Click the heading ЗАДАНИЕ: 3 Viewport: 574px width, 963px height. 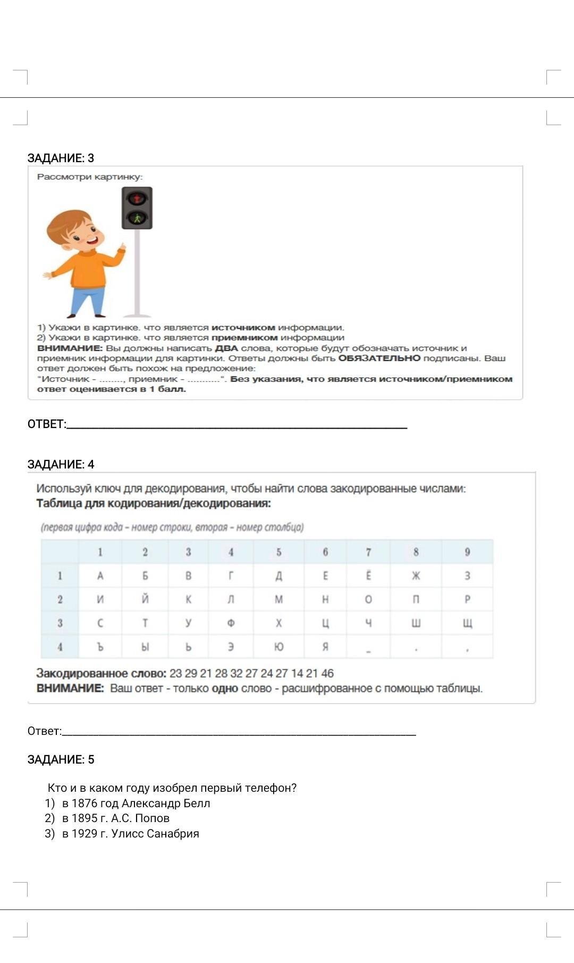(x=61, y=158)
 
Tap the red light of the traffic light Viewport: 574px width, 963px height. (x=137, y=199)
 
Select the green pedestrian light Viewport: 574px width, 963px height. (x=137, y=217)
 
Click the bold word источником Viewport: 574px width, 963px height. (x=243, y=328)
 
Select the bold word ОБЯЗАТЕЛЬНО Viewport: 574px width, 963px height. (x=379, y=358)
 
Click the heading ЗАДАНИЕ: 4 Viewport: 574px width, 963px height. (x=61, y=464)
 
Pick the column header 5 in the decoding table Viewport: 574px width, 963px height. (x=278, y=552)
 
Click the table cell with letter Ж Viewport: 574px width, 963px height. (x=416, y=576)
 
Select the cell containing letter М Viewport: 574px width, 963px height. (x=278, y=599)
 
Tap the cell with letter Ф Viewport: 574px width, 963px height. (x=231, y=623)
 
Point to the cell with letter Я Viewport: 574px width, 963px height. (x=325, y=647)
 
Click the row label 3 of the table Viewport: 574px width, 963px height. (x=60, y=623)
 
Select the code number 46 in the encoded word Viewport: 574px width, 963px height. (x=327, y=673)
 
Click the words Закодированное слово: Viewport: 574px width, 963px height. (x=101, y=673)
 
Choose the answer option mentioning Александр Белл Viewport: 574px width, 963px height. (x=136, y=803)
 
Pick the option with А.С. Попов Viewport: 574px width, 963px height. (x=116, y=818)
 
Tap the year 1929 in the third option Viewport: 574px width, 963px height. (x=85, y=833)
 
